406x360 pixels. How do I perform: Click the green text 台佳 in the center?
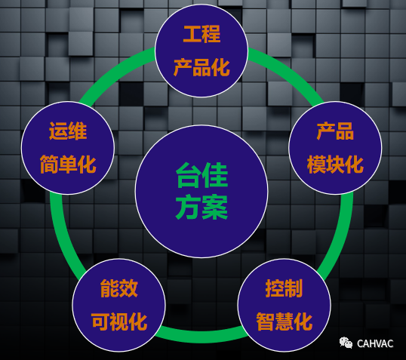[201, 175]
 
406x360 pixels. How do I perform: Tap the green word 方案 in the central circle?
[201, 208]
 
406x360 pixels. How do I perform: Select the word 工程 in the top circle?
[201, 34]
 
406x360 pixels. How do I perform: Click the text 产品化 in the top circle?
[201, 67]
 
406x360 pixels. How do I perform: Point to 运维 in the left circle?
[68, 131]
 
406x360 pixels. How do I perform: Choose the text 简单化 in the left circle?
[68, 165]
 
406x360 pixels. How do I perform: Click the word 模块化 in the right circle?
[335, 165]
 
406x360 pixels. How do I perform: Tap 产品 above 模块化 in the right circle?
[335, 131]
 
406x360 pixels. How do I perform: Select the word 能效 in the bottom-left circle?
[118, 288]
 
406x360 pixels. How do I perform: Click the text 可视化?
[119, 322]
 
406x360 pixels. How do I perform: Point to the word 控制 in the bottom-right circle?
[284, 288]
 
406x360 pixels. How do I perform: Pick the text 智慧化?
[284, 322]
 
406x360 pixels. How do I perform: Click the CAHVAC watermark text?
[375, 343]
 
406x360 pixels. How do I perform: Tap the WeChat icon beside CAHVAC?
[346, 343]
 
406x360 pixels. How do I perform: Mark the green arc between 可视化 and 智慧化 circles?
[201, 335]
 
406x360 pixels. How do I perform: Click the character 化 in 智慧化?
[303, 322]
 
